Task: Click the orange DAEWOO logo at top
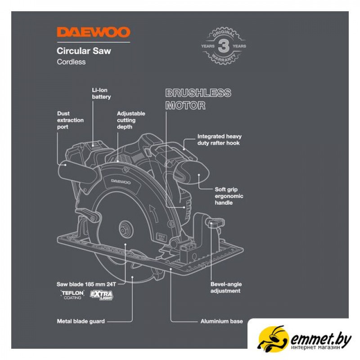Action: pyautogui.click(x=94, y=32)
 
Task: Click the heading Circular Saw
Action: pyautogui.click(x=84, y=51)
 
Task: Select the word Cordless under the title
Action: pyautogui.click(x=71, y=62)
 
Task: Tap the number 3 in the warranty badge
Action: pyautogui.click(x=223, y=46)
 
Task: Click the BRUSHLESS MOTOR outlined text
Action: pyautogui.click(x=198, y=99)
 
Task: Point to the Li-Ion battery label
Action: pyautogui.click(x=101, y=94)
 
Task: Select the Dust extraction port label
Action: pyautogui.click(x=70, y=120)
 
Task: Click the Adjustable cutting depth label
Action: pyautogui.click(x=131, y=120)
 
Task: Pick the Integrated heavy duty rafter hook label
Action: pyautogui.click(x=220, y=139)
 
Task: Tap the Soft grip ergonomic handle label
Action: pyautogui.click(x=229, y=196)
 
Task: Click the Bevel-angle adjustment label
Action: pyautogui.click(x=226, y=288)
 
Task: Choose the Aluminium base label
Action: pyautogui.click(x=221, y=321)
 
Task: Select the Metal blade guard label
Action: pyautogui.click(x=81, y=321)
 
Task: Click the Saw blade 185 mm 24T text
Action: pyautogui.click(x=86, y=284)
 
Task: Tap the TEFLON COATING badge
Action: pyautogui.click(x=72, y=295)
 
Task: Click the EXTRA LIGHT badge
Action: pyautogui.click(x=102, y=295)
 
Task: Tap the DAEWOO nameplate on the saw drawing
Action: pyautogui.click(x=121, y=182)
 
